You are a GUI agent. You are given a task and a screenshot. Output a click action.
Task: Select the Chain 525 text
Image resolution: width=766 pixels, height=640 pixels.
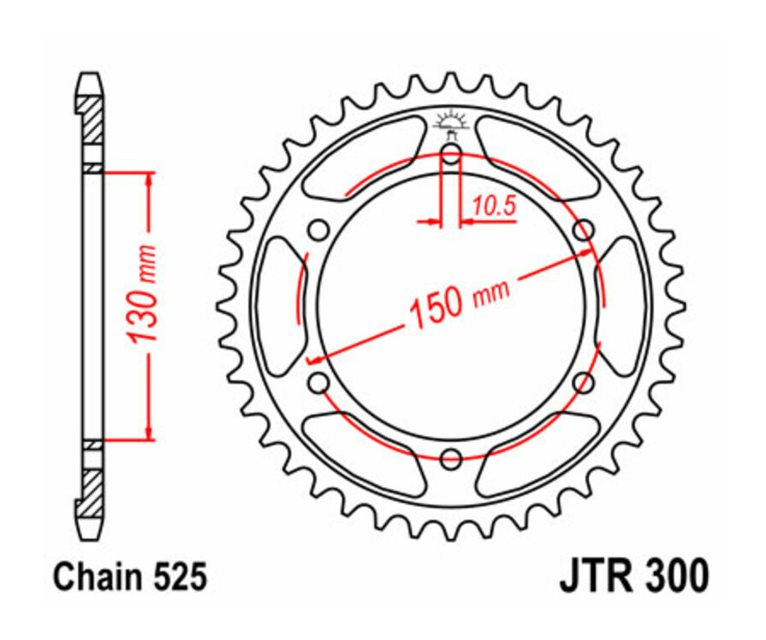click(x=130, y=578)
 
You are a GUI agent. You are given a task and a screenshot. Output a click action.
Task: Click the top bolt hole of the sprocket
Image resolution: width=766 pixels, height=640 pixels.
click(x=451, y=154)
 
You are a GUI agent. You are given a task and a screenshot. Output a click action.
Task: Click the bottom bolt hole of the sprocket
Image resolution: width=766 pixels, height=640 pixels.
click(x=451, y=460)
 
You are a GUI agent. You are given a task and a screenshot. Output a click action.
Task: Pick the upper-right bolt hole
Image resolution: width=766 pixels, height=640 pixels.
click(x=583, y=231)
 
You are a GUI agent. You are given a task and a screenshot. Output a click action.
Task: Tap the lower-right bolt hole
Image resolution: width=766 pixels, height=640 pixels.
click(x=583, y=383)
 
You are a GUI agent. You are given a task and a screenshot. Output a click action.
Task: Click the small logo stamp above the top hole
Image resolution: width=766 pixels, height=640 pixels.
click(x=451, y=122)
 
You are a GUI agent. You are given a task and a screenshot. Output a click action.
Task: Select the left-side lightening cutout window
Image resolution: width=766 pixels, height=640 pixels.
click(x=276, y=306)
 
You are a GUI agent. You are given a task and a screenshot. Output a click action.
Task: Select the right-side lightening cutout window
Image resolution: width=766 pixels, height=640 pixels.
click(x=626, y=306)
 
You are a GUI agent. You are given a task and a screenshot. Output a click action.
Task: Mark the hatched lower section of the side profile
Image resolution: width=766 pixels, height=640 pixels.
click(x=91, y=491)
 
